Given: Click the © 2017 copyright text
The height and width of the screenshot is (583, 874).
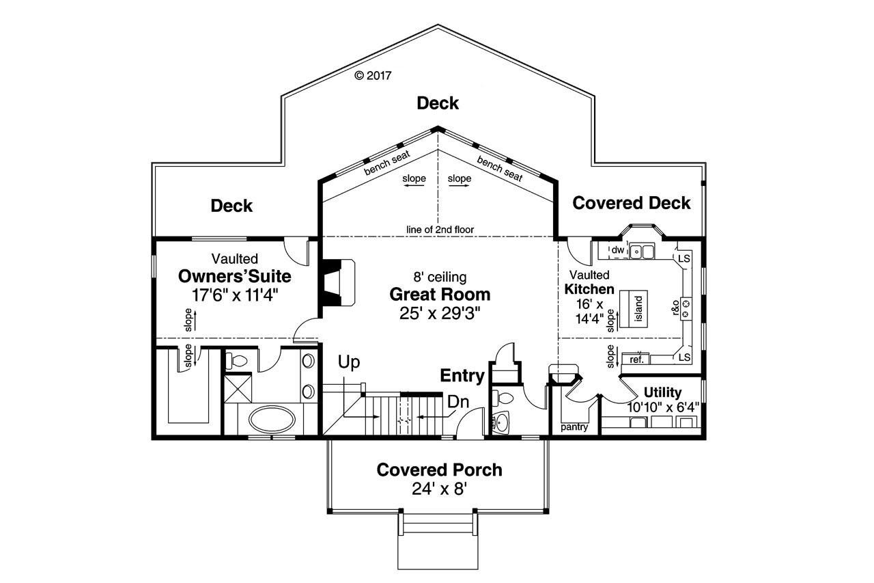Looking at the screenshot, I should pyautogui.click(x=373, y=76).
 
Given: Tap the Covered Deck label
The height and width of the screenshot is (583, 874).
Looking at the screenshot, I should pyautogui.click(x=631, y=203).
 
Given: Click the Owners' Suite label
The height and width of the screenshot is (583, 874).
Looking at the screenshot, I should pyautogui.click(x=234, y=277).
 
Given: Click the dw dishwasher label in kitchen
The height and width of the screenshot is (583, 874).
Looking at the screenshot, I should pyautogui.click(x=617, y=250).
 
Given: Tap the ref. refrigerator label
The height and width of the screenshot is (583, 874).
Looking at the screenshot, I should pyautogui.click(x=636, y=359).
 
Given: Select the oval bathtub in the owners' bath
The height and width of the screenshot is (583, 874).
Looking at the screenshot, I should pyautogui.click(x=271, y=418).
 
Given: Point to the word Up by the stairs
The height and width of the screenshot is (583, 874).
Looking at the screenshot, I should pyautogui.click(x=349, y=362).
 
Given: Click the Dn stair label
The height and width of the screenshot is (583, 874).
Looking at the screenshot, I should pyautogui.click(x=457, y=402).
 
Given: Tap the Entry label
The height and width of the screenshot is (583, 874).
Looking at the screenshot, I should pyautogui.click(x=462, y=375).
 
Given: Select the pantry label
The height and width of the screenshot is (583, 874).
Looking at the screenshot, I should pyautogui.click(x=574, y=427).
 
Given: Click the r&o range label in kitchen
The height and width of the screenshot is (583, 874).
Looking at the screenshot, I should pyautogui.click(x=676, y=308).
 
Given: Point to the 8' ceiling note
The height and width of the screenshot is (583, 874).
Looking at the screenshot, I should pyautogui.click(x=440, y=277).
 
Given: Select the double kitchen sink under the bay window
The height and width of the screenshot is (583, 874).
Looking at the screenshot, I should pyautogui.click(x=642, y=252).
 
